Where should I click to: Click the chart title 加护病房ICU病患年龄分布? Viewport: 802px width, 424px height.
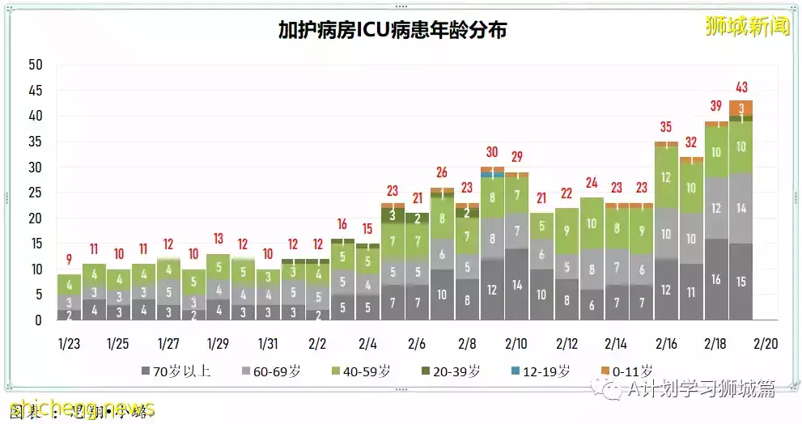point(393,31)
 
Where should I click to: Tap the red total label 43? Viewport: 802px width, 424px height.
point(741,87)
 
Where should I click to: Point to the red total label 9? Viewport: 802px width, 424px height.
point(69,260)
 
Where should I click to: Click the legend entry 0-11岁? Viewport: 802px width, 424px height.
point(626,371)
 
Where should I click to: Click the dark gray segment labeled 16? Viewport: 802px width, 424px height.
point(716,279)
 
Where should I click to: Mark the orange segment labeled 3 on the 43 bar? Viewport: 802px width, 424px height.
point(741,108)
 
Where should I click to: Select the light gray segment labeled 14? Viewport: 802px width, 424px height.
point(741,207)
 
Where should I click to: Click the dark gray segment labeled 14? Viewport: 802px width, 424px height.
point(517,285)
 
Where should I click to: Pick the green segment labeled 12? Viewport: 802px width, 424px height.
point(667,177)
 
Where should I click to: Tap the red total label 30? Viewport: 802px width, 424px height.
point(492,151)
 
